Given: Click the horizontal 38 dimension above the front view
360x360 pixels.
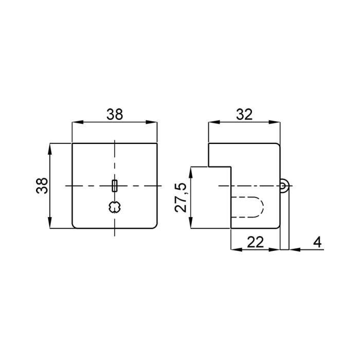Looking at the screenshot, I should tap(115, 114).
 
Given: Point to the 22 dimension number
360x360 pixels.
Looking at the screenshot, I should tap(256, 242).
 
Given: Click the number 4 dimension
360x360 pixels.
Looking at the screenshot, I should tap(318, 242).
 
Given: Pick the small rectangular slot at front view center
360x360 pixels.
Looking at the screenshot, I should tap(115, 185).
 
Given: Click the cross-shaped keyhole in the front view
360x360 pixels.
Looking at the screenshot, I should tap(115, 207).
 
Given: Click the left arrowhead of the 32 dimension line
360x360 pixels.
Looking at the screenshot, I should tap(211, 122).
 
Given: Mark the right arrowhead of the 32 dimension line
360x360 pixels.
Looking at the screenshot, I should tap(277, 122).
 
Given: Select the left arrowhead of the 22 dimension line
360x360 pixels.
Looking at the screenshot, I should tap(235, 250).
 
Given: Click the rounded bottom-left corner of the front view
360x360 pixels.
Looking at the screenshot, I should tap(74, 225).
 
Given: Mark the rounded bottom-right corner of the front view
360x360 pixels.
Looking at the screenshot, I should tap(155, 225).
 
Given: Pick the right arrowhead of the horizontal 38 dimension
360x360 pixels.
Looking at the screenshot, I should tap(153, 122).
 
